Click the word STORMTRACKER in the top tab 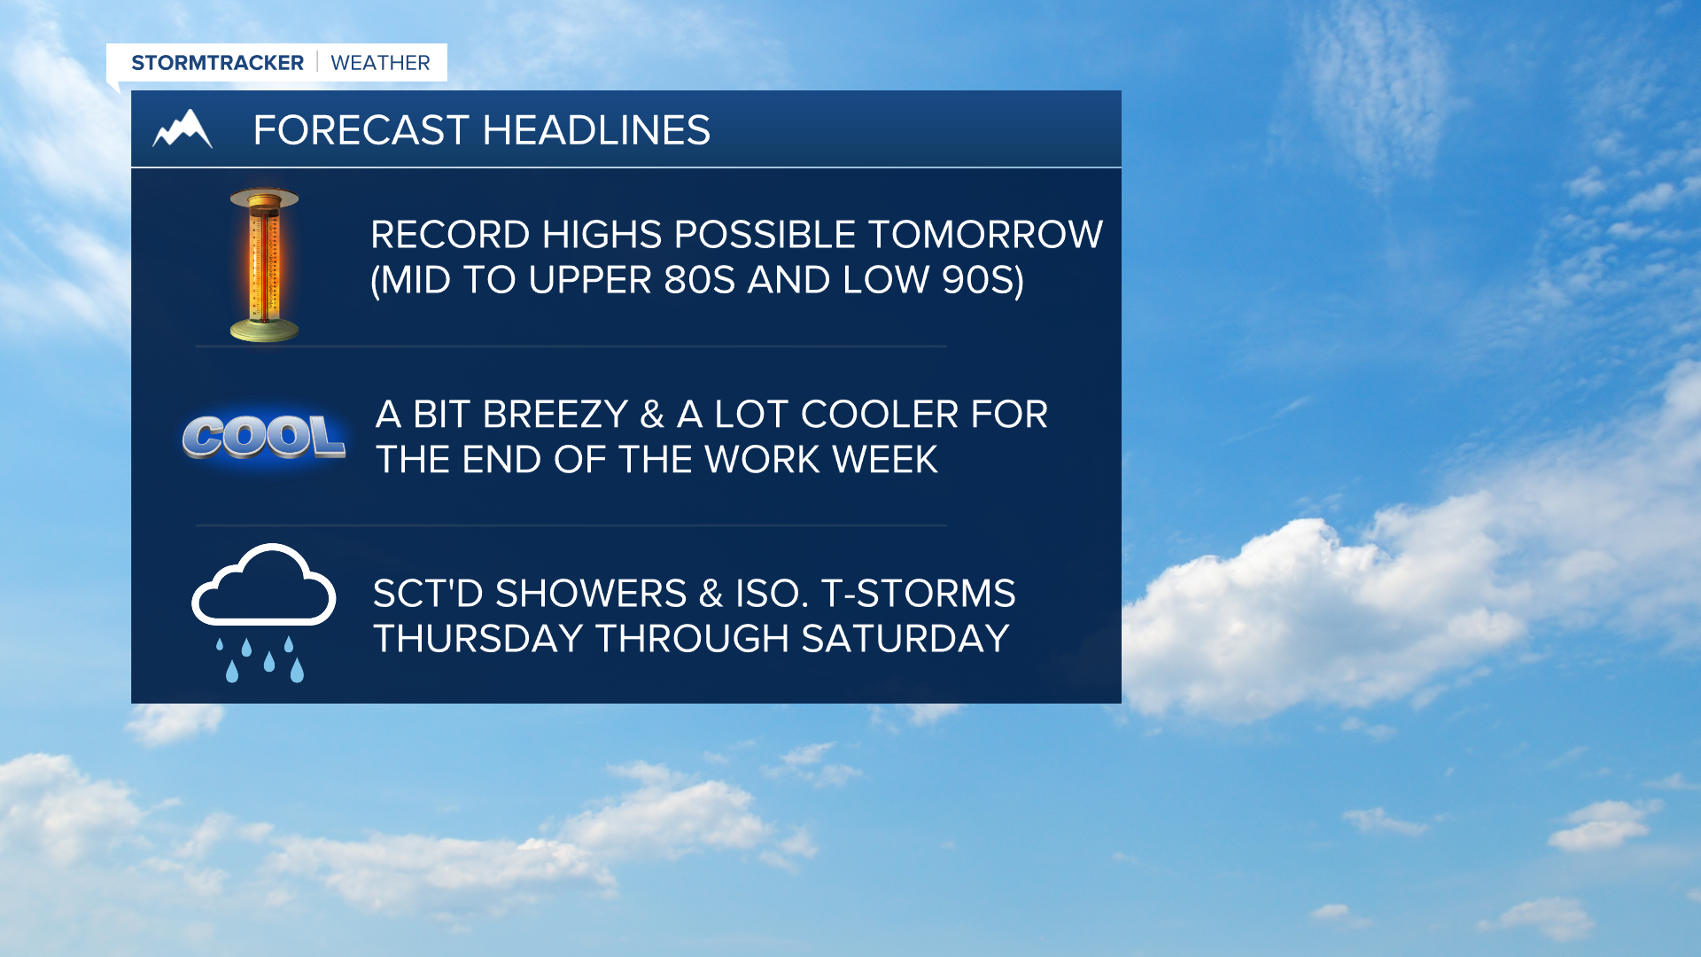[x=217, y=63]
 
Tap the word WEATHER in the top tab [x=380, y=63]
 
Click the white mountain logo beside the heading [x=183, y=129]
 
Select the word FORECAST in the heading [x=361, y=130]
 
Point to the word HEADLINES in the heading [x=596, y=130]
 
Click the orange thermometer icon [x=264, y=265]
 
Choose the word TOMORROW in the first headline [x=985, y=235]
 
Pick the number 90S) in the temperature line [x=983, y=281]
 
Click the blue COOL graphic [x=264, y=437]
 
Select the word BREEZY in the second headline [x=555, y=415]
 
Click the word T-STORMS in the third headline [x=919, y=594]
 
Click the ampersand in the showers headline [x=711, y=594]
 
